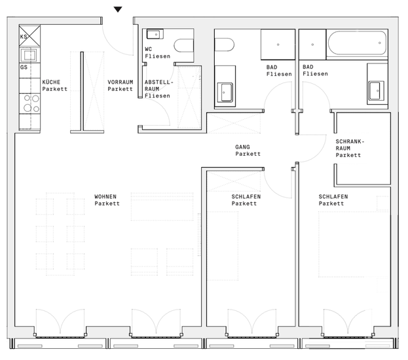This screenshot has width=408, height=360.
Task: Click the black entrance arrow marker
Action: [x=118, y=9]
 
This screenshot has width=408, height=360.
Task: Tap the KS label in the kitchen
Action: [x=24, y=37]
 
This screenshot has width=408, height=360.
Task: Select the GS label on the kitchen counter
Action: [x=24, y=67]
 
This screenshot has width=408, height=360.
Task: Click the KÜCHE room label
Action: [x=51, y=82]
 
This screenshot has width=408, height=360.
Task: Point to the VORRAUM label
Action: [x=121, y=82]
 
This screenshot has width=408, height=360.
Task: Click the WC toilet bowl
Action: [x=184, y=46]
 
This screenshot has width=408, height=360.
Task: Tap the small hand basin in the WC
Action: [x=155, y=34]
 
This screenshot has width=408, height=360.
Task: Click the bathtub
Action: [x=357, y=43]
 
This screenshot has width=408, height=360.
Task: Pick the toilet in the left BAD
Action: [x=224, y=45]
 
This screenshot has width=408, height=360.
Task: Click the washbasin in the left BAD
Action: [x=225, y=92]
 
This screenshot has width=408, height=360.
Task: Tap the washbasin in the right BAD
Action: [x=377, y=90]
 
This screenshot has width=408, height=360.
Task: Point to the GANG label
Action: [x=242, y=147]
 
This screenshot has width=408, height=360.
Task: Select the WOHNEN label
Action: [x=105, y=196]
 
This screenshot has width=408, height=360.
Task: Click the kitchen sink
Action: [x=29, y=55]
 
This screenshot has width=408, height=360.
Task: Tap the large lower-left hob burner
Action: [x=28, y=108]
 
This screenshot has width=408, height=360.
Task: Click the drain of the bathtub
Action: [x=380, y=43]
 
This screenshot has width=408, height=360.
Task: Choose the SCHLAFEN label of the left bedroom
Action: [x=246, y=196]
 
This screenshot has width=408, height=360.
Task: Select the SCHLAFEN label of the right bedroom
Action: [x=333, y=196]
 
